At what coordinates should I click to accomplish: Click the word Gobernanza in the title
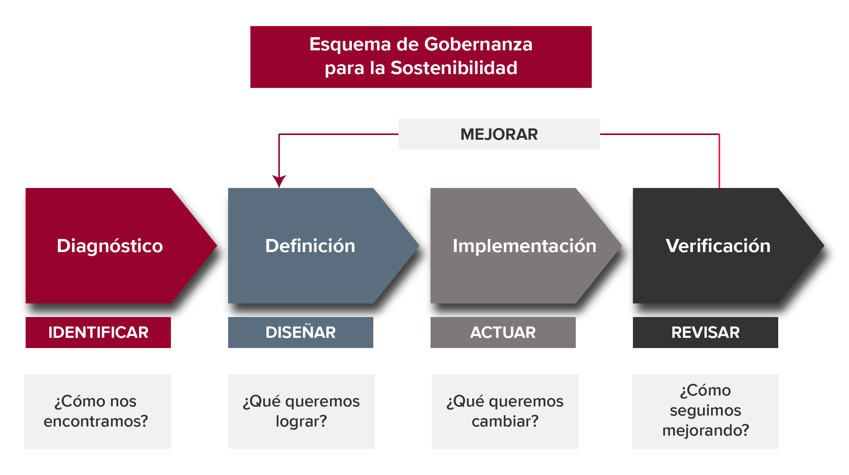pos(478,45)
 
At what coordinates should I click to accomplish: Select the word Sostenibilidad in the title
pos(454,68)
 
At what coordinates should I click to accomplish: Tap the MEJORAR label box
pos(499,134)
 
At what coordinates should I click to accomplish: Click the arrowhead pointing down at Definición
pos(279,181)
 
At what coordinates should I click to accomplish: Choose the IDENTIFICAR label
pos(98,332)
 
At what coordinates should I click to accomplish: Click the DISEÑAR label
pos(301,332)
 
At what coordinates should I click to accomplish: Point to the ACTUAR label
pos(503,332)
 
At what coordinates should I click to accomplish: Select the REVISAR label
pos(706,332)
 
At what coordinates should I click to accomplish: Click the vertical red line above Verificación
pos(719,161)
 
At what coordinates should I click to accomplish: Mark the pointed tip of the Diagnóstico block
pos(217,246)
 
